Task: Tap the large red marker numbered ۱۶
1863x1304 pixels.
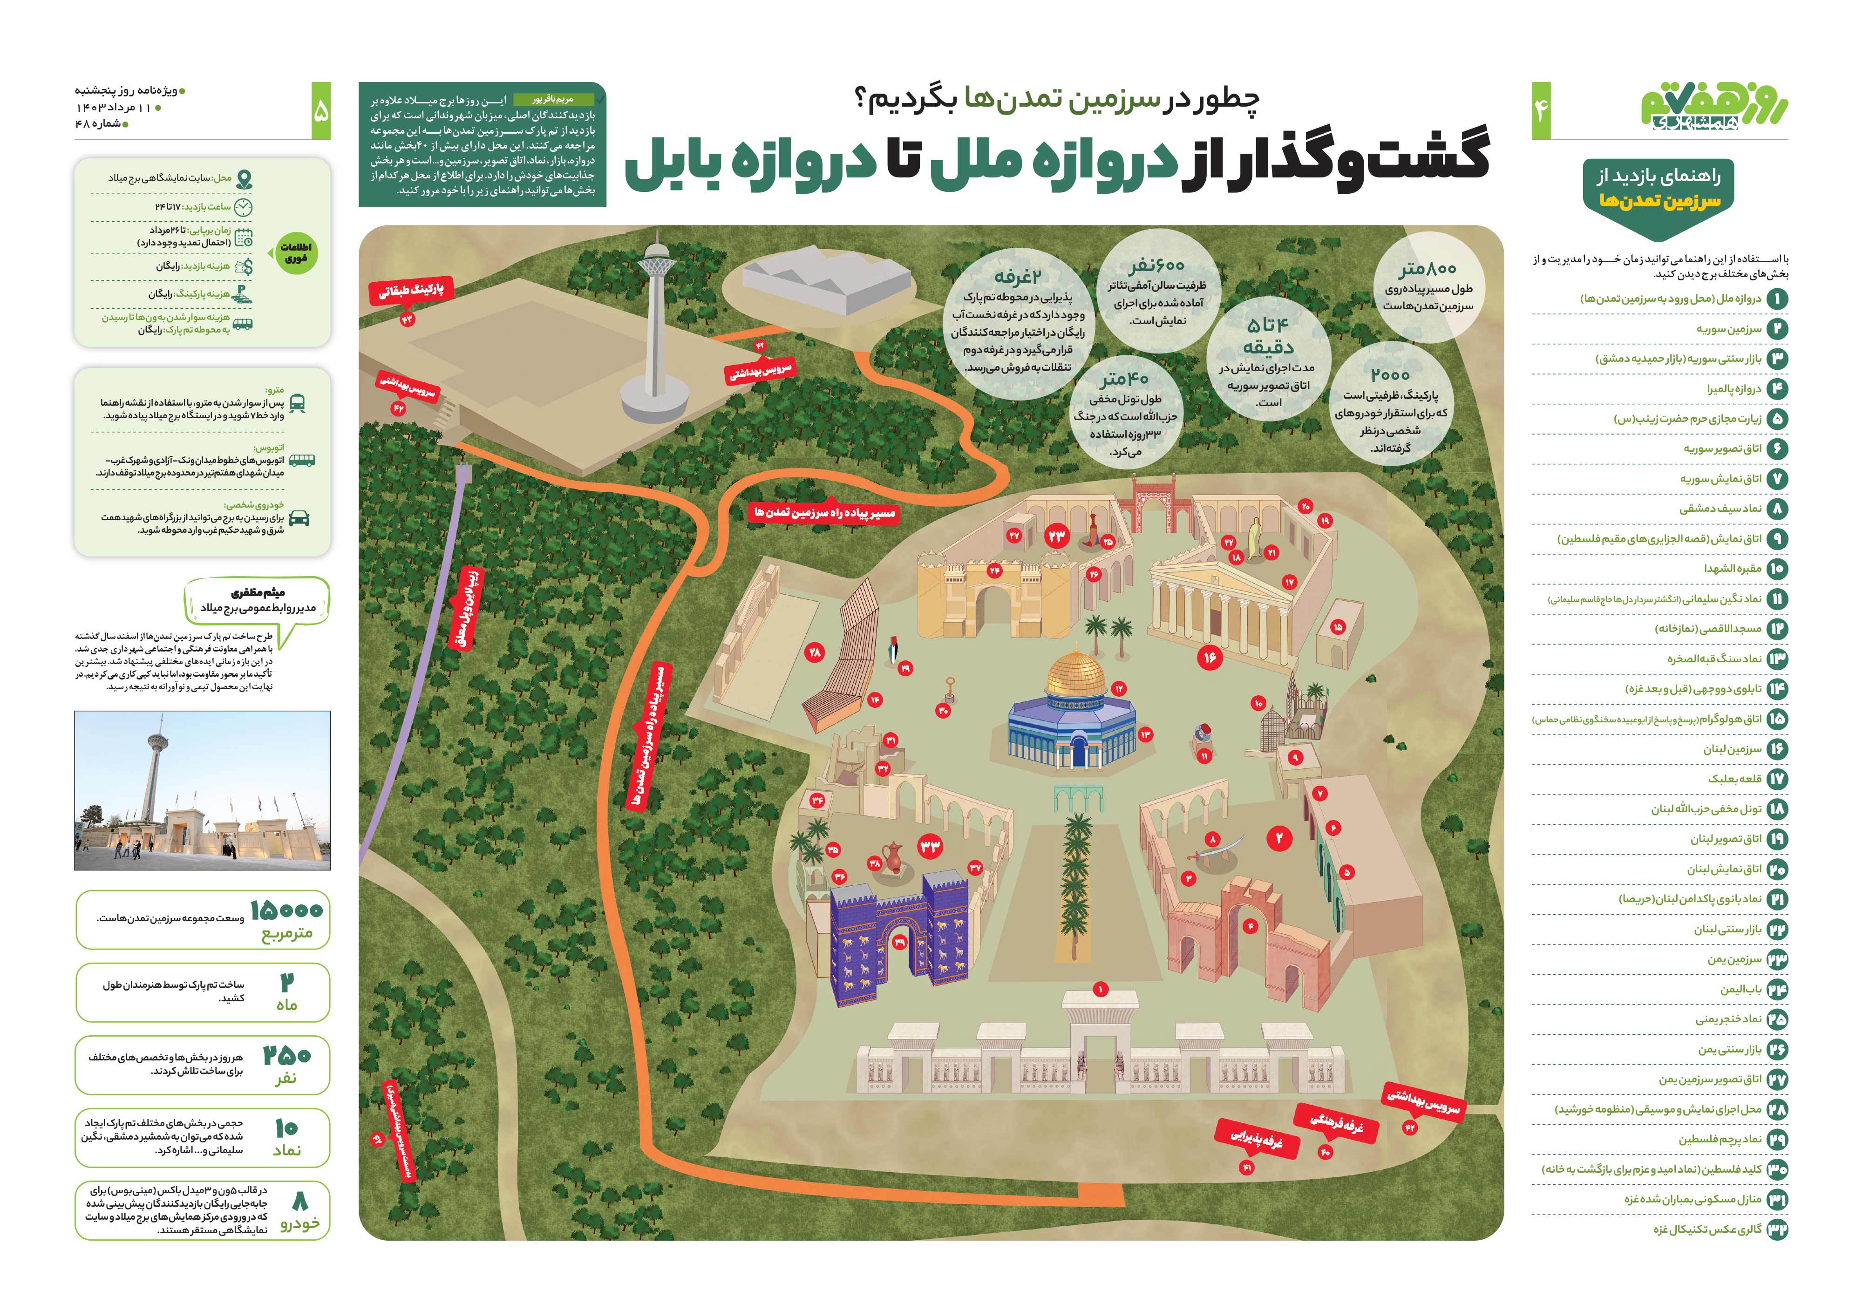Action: [x=1210, y=657]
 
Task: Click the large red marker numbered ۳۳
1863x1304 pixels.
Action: [x=930, y=846]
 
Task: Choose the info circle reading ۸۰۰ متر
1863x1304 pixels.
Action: [x=1428, y=285]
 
